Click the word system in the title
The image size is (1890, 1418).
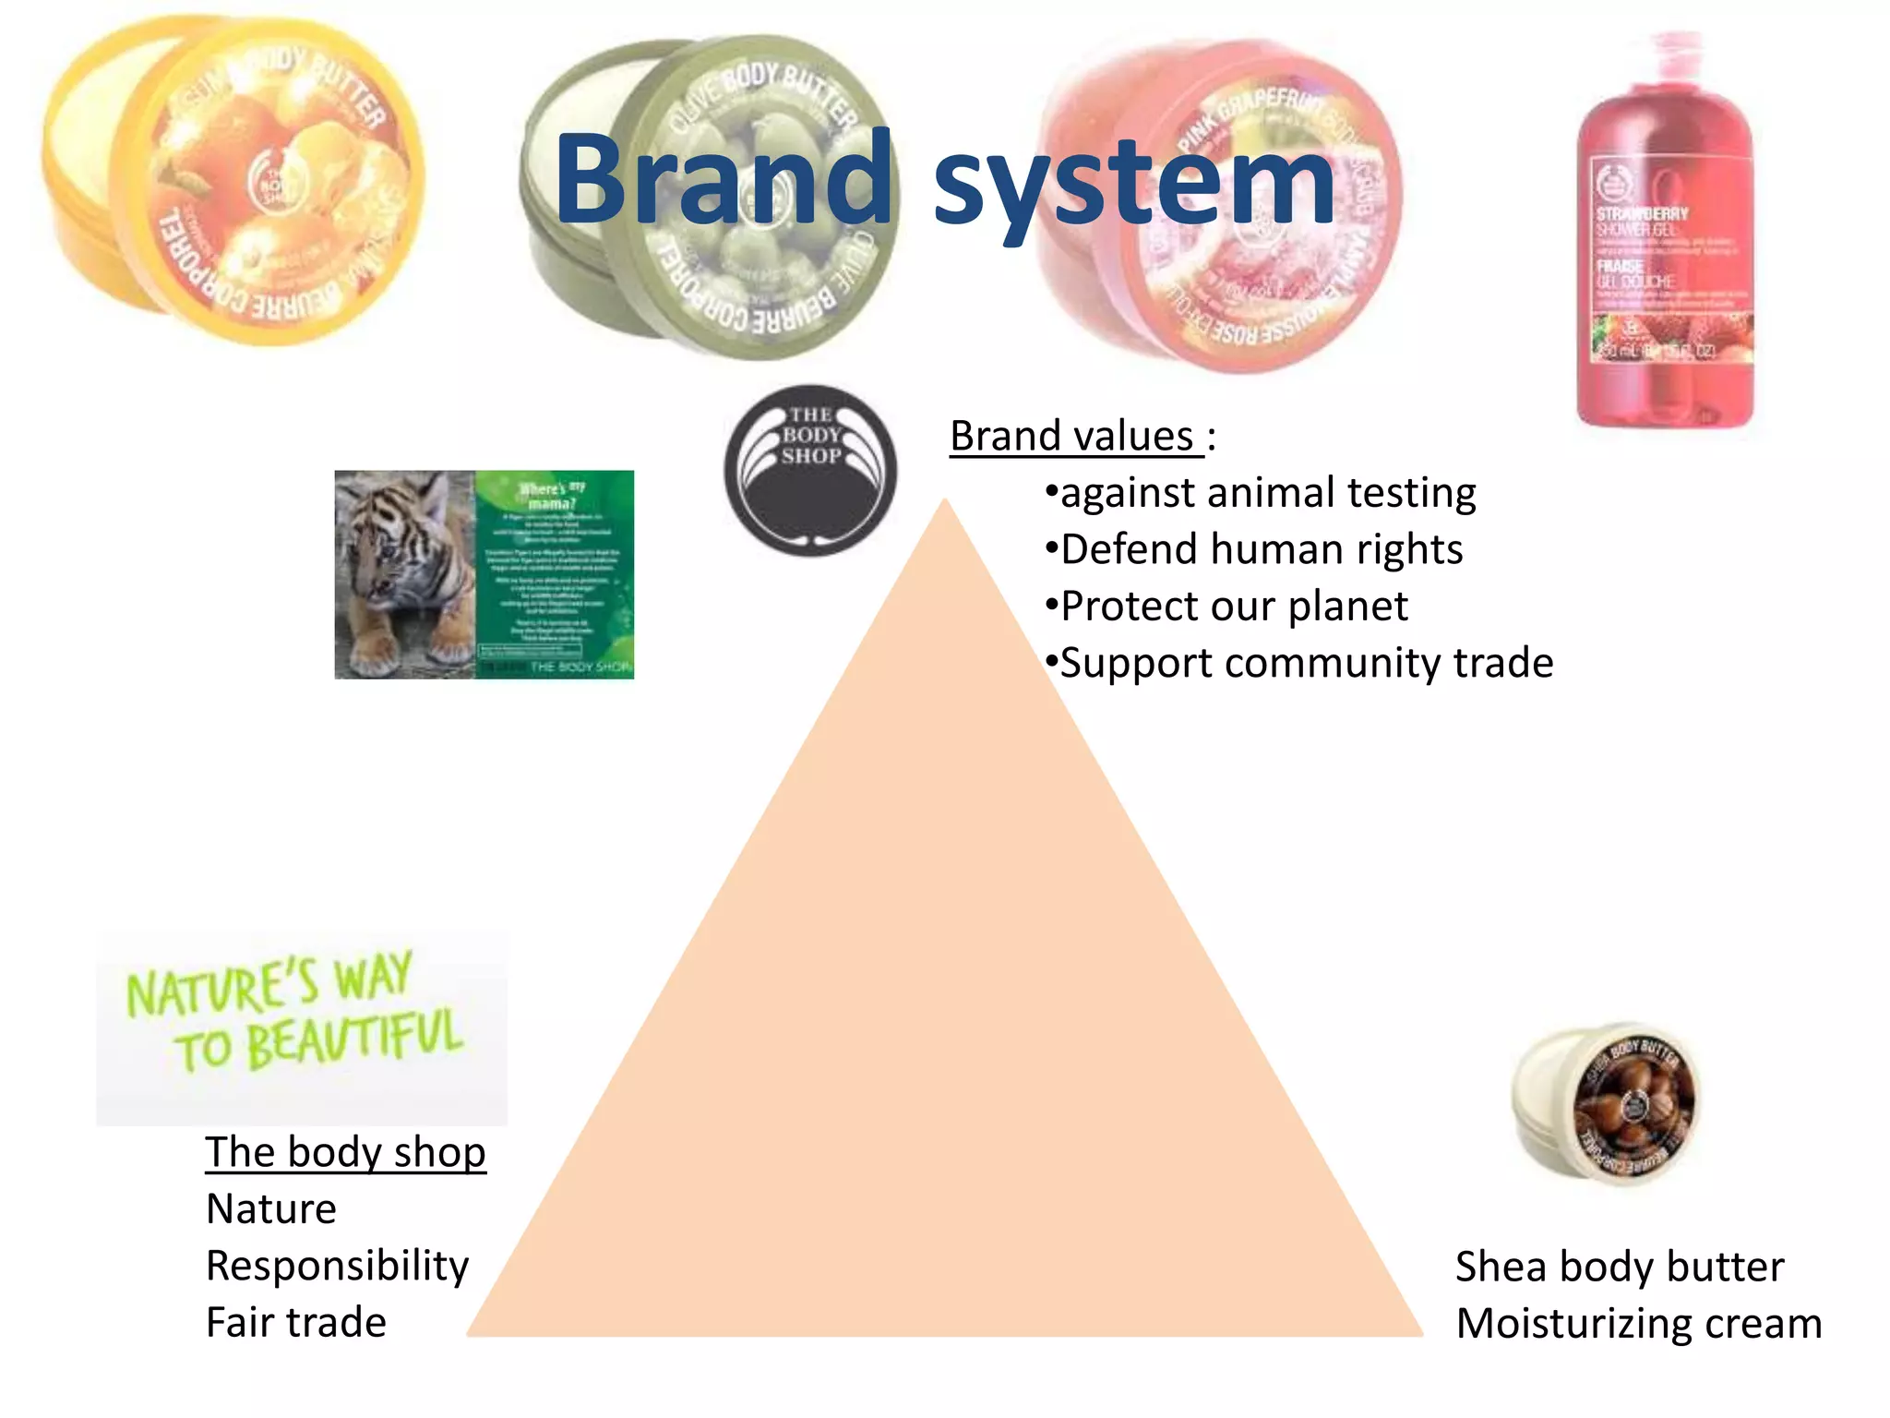tap(1133, 185)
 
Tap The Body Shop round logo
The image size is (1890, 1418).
tap(810, 470)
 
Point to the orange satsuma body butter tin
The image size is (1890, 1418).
tap(235, 180)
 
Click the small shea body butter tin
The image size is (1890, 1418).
tap(1606, 1103)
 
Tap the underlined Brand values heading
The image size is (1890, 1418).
tap(1076, 436)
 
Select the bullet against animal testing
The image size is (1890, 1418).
tap(1261, 493)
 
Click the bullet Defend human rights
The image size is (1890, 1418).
tap(1254, 549)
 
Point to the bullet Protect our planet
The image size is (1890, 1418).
tap(1226, 607)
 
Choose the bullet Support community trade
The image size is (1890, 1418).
tap(1299, 663)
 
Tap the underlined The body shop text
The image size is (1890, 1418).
tap(345, 1152)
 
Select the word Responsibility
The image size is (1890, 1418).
tap(338, 1266)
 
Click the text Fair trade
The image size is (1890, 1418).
tap(296, 1322)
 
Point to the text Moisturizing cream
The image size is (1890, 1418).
tap(1639, 1323)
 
